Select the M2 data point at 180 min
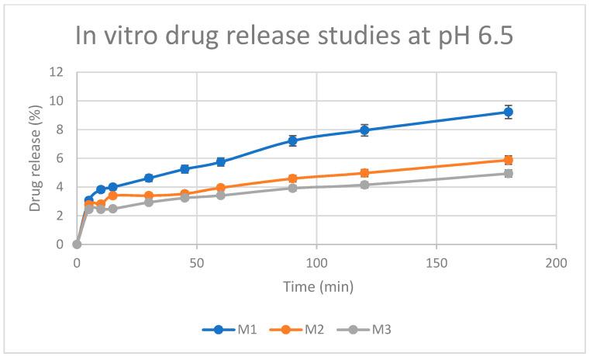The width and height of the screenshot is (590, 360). point(509,160)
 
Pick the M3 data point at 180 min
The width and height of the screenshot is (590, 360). point(509,173)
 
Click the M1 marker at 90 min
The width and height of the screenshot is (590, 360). point(292,140)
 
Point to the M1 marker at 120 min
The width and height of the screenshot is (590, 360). point(364,130)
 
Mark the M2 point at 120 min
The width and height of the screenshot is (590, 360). point(364,173)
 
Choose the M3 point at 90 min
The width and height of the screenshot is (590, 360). point(292,188)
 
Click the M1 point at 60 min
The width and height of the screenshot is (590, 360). point(221,162)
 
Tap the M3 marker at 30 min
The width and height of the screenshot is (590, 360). point(149,202)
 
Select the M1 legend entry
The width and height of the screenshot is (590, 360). point(226,329)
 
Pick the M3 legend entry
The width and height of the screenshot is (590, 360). point(363,329)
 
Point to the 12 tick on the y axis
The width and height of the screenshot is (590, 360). point(62,72)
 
